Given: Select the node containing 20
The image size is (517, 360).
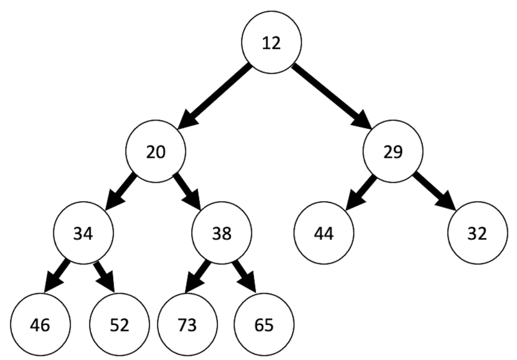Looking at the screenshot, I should (156, 152).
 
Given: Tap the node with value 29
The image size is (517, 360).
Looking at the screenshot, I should (393, 152).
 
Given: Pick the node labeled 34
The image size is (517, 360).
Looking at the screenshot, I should (83, 233).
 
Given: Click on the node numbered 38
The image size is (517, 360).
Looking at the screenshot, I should (221, 233).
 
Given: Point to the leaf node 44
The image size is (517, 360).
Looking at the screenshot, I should (324, 233).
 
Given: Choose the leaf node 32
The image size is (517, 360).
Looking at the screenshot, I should (477, 233).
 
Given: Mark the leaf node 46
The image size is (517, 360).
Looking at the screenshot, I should (40, 324).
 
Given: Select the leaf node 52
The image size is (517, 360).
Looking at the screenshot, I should (119, 324).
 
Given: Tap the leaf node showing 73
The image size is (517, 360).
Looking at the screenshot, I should (187, 324).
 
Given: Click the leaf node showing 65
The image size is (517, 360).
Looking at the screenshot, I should (264, 324).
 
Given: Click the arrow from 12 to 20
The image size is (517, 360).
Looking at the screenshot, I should (214, 96).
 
